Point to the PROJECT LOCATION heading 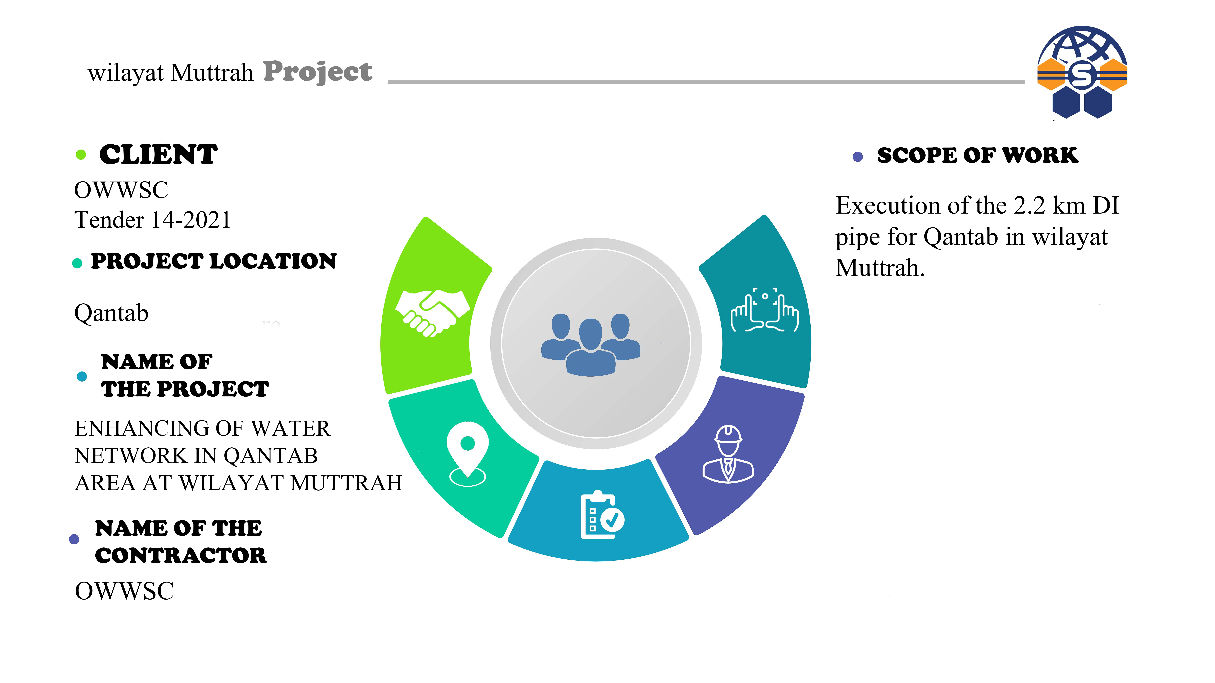214,261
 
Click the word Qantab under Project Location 111,313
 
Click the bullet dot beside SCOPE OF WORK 858,157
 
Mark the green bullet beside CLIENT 81,155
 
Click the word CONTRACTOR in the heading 181,555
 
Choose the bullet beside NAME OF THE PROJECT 82,376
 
